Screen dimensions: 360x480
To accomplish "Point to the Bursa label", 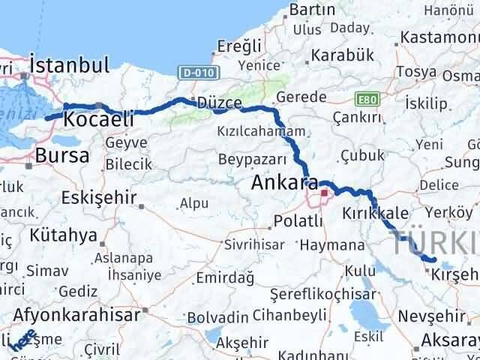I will (x=62, y=156).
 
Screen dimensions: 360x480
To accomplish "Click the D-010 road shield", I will (x=193, y=73).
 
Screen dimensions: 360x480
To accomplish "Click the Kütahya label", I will (x=64, y=235).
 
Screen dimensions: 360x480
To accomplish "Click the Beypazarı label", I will (x=253, y=159).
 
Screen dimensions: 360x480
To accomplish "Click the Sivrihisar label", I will (x=252, y=245).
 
